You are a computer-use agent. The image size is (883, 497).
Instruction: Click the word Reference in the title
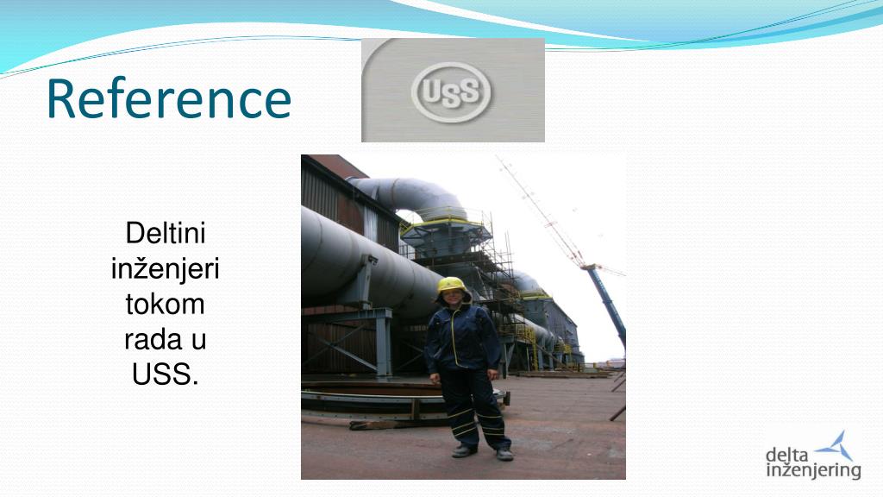(x=169, y=98)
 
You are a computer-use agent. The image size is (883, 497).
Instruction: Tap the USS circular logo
(x=451, y=91)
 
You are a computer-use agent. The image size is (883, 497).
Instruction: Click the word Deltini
(x=166, y=233)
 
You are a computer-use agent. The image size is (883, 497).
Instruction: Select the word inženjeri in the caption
(x=165, y=269)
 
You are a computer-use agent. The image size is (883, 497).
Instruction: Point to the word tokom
(x=165, y=305)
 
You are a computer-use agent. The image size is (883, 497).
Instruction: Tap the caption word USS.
(x=165, y=374)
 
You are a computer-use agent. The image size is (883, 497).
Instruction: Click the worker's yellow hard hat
(x=453, y=285)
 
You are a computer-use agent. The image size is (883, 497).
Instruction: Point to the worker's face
(x=454, y=297)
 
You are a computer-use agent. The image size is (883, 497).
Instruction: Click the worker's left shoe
(x=504, y=454)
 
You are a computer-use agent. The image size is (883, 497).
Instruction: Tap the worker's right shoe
(x=464, y=450)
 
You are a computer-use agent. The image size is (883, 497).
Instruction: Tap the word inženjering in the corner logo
(x=814, y=471)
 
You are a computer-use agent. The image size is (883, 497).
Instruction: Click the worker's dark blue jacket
(x=462, y=338)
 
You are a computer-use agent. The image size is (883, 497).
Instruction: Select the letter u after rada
(x=199, y=342)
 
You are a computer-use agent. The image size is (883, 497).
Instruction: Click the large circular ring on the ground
(x=394, y=401)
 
